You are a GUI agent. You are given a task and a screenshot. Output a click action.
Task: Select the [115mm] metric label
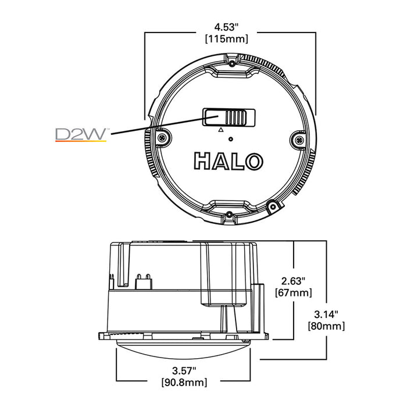[x=231, y=38]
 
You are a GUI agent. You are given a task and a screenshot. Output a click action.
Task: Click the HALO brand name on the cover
[x=230, y=161]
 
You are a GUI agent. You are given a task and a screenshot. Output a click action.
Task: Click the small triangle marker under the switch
[x=220, y=131]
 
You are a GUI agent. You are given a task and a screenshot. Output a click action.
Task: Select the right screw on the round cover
[x=298, y=140]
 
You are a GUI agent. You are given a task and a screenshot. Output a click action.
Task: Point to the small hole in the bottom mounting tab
[x=230, y=215]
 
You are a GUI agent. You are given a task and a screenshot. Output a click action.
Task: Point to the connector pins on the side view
[x=142, y=280]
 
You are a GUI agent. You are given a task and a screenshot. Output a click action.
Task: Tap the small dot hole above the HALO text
[x=231, y=138]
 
